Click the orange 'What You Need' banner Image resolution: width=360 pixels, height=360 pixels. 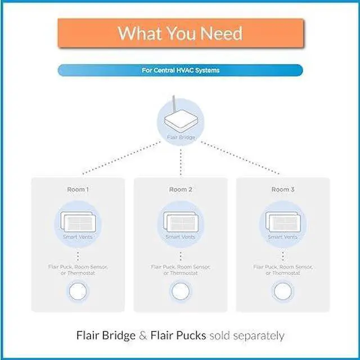tap(180, 33)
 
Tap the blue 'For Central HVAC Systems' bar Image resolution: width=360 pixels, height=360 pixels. tap(180, 70)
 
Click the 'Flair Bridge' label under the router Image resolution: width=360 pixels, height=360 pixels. tap(180, 137)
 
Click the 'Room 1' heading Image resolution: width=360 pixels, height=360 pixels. tap(77, 190)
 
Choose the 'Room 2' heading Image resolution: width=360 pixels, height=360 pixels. tap(180, 190)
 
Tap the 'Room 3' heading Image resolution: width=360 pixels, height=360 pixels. tap(282, 190)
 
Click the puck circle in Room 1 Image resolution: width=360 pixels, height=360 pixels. tap(77, 291)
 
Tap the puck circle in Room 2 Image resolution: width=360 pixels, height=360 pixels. tap(180, 291)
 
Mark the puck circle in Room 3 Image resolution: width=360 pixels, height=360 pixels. tap(282, 291)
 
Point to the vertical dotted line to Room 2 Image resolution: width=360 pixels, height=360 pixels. tap(180, 160)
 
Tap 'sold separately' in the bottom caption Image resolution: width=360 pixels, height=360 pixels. tap(246, 336)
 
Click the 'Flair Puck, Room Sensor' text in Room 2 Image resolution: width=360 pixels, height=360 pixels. tap(180, 267)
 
